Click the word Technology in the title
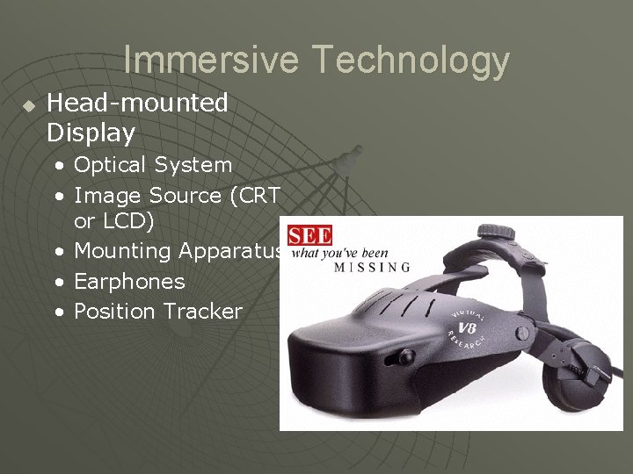click(411, 60)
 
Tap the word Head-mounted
click(137, 103)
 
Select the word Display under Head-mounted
click(91, 133)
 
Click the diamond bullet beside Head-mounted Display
click(28, 105)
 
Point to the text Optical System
click(153, 165)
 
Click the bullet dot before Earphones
click(58, 282)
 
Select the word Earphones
click(129, 282)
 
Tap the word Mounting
click(122, 251)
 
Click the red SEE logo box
click(309, 235)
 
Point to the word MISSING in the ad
click(372, 267)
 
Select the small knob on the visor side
click(405, 356)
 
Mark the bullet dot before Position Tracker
click(58, 312)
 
